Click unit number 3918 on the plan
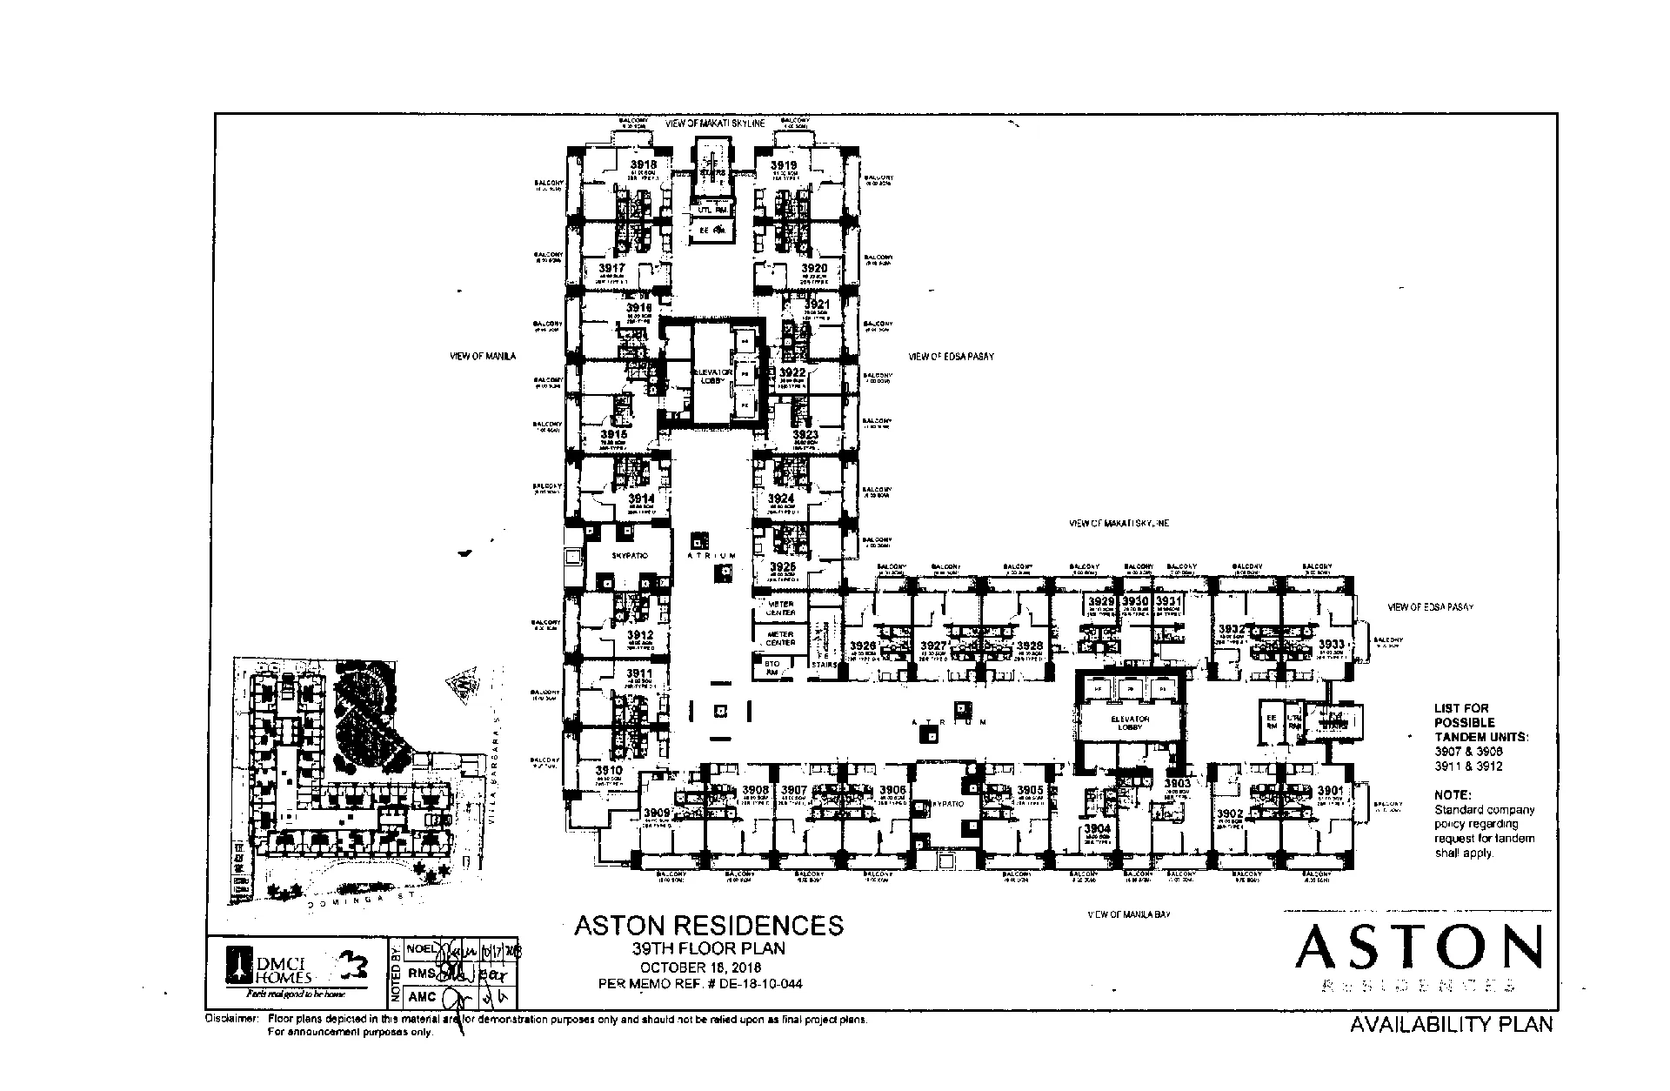click(644, 164)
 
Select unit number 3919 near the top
click(783, 164)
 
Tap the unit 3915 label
click(613, 433)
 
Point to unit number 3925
click(782, 566)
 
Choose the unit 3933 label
click(1332, 645)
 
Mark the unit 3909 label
click(657, 813)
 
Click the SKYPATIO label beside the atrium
click(629, 555)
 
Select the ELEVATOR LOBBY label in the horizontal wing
click(1130, 723)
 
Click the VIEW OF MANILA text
click(483, 356)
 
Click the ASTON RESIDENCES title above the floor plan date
click(709, 925)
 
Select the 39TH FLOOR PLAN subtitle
click(709, 948)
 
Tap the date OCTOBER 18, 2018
click(701, 967)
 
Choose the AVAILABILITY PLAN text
click(1451, 1024)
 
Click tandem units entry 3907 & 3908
click(1468, 751)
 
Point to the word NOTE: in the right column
click(1453, 794)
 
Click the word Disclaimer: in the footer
click(230, 1019)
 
